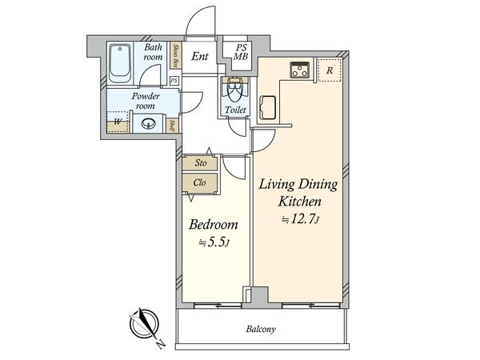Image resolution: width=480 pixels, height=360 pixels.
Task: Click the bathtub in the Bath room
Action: [120, 63]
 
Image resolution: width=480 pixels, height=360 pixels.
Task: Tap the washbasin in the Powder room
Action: [149, 124]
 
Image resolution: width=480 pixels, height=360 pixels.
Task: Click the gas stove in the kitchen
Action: [300, 70]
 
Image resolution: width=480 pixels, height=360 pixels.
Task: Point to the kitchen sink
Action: [268, 107]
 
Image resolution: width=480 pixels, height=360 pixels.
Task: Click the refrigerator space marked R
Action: [330, 70]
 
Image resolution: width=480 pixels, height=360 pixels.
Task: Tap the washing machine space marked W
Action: [118, 122]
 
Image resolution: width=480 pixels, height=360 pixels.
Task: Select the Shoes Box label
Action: [176, 56]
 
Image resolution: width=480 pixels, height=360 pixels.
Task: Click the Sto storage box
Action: [200, 163]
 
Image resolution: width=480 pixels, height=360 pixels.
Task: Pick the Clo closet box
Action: [199, 183]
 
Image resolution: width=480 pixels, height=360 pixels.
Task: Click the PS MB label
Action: [241, 52]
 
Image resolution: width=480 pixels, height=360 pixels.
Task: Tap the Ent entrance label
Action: [200, 56]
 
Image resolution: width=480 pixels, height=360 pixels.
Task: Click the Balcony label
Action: [261, 329]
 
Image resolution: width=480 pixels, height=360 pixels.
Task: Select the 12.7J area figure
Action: [301, 219]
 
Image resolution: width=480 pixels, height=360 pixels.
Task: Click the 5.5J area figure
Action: [214, 242]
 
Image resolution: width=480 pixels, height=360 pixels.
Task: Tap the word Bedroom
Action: [214, 225]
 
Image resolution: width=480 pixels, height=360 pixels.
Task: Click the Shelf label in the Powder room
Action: [172, 126]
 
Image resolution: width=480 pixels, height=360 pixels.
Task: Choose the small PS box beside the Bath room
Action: [174, 81]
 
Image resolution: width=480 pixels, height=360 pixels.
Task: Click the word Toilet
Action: [235, 110]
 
